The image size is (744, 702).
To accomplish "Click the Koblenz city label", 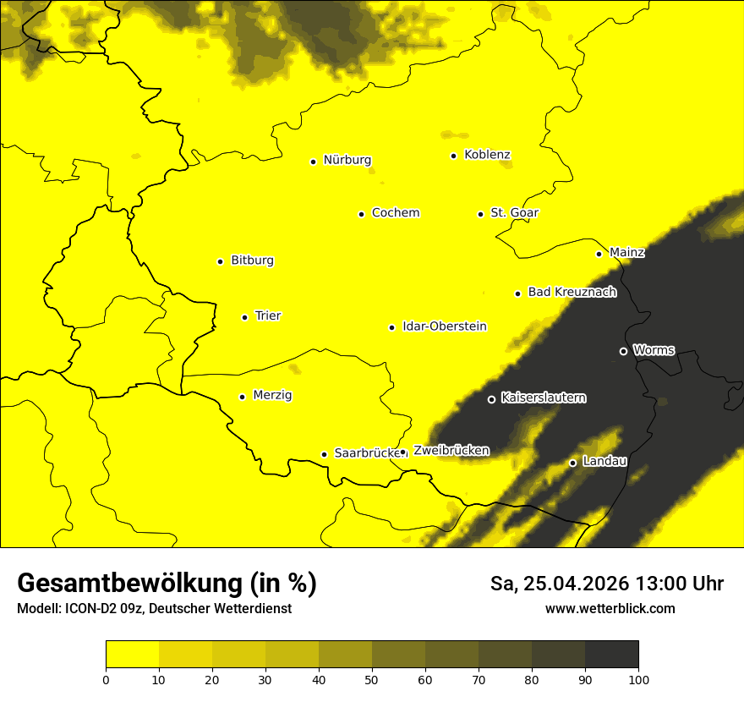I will (487, 155).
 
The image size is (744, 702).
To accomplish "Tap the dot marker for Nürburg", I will (313, 161).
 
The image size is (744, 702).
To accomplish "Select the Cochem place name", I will (395, 213).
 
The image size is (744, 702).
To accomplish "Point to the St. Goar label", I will (514, 213).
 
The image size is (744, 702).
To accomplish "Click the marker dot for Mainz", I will (599, 254).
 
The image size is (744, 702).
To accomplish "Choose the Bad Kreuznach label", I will (572, 293).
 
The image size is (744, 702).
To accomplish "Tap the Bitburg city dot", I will (220, 261).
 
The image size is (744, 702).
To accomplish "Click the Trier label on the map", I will (268, 316).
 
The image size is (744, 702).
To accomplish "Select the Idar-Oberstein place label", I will (444, 326).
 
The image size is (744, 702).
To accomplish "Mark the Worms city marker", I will (623, 351).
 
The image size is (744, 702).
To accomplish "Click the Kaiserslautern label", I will (543, 398).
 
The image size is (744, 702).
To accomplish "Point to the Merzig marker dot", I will (242, 397).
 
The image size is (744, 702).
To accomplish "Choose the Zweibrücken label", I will (451, 451).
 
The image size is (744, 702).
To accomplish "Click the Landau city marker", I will (572, 463).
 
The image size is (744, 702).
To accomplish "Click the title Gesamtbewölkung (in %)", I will (167, 584).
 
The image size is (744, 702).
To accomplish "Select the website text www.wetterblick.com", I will (610, 609).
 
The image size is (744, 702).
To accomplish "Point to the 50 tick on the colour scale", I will (372, 679).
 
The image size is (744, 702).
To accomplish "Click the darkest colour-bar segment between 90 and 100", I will (611, 654).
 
